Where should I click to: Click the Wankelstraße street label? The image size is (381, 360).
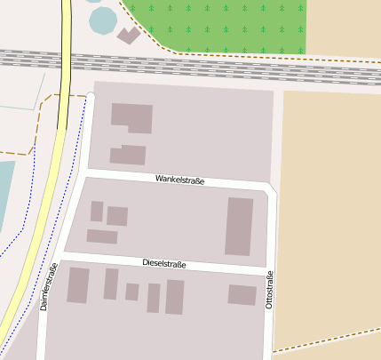point(179,180)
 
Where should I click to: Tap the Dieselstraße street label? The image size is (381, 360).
point(164,264)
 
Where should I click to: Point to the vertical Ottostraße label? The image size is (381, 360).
point(269,292)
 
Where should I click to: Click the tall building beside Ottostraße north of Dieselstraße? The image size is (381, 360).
point(239,227)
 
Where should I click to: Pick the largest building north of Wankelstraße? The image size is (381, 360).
point(131,116)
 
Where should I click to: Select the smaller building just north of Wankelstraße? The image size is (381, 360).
point(128,155)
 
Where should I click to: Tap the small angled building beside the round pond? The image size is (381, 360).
point(129,36)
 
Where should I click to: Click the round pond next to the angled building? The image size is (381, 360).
point(103,20)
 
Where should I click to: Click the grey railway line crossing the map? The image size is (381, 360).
point(222,67)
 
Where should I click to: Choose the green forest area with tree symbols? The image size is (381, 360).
point(222,24)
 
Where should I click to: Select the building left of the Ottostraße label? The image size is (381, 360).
point(242,294)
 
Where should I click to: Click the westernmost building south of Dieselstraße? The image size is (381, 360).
point(78,285)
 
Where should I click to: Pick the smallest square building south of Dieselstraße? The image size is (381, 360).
point(131,292)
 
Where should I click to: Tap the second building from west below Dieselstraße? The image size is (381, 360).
point(111,284)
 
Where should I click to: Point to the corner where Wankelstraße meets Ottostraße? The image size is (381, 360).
point(271,189)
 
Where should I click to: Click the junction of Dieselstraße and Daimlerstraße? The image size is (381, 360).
point(60,257)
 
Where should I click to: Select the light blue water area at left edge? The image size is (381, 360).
point(5,196)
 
